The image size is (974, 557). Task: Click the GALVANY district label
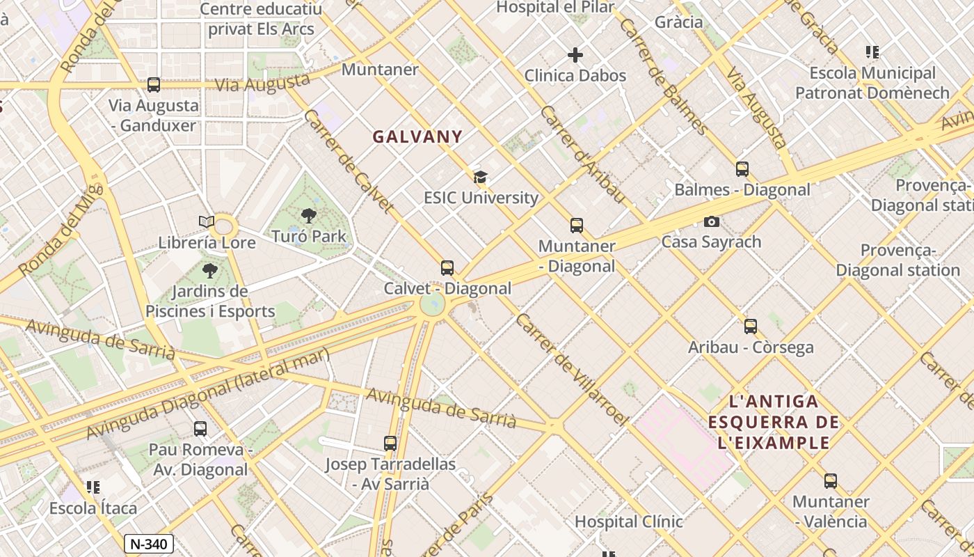tap(417, 136)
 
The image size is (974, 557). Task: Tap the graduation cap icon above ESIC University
tap(479, 177)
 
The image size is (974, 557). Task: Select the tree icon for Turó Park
tap(309, 216)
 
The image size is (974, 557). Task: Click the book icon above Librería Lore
tap(207, 222)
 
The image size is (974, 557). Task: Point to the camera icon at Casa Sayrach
tap(711, 221)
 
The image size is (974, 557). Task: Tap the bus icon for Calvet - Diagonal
tap(447, 267)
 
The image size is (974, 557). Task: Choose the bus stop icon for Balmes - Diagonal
tap(742, 168)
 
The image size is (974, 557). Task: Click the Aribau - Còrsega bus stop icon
tap(750, 326)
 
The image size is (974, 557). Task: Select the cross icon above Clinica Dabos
tap(575, 55)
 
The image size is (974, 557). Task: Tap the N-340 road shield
tap(149, 544)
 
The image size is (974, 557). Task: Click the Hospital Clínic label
tap(628, 521)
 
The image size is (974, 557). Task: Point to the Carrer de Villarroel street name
tap(571, 369)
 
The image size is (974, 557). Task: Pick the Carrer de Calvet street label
tap(349, 160)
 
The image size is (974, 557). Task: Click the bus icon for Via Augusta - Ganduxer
tap(154, 85)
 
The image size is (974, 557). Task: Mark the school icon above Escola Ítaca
tap(93, 487)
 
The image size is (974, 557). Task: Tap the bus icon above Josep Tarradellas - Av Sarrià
tap(390, 443)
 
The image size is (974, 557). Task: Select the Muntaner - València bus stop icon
tap(830, 480)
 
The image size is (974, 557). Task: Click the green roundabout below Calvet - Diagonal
tap(432, 304)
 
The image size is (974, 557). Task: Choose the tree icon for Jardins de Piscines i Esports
tap(209, 271)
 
